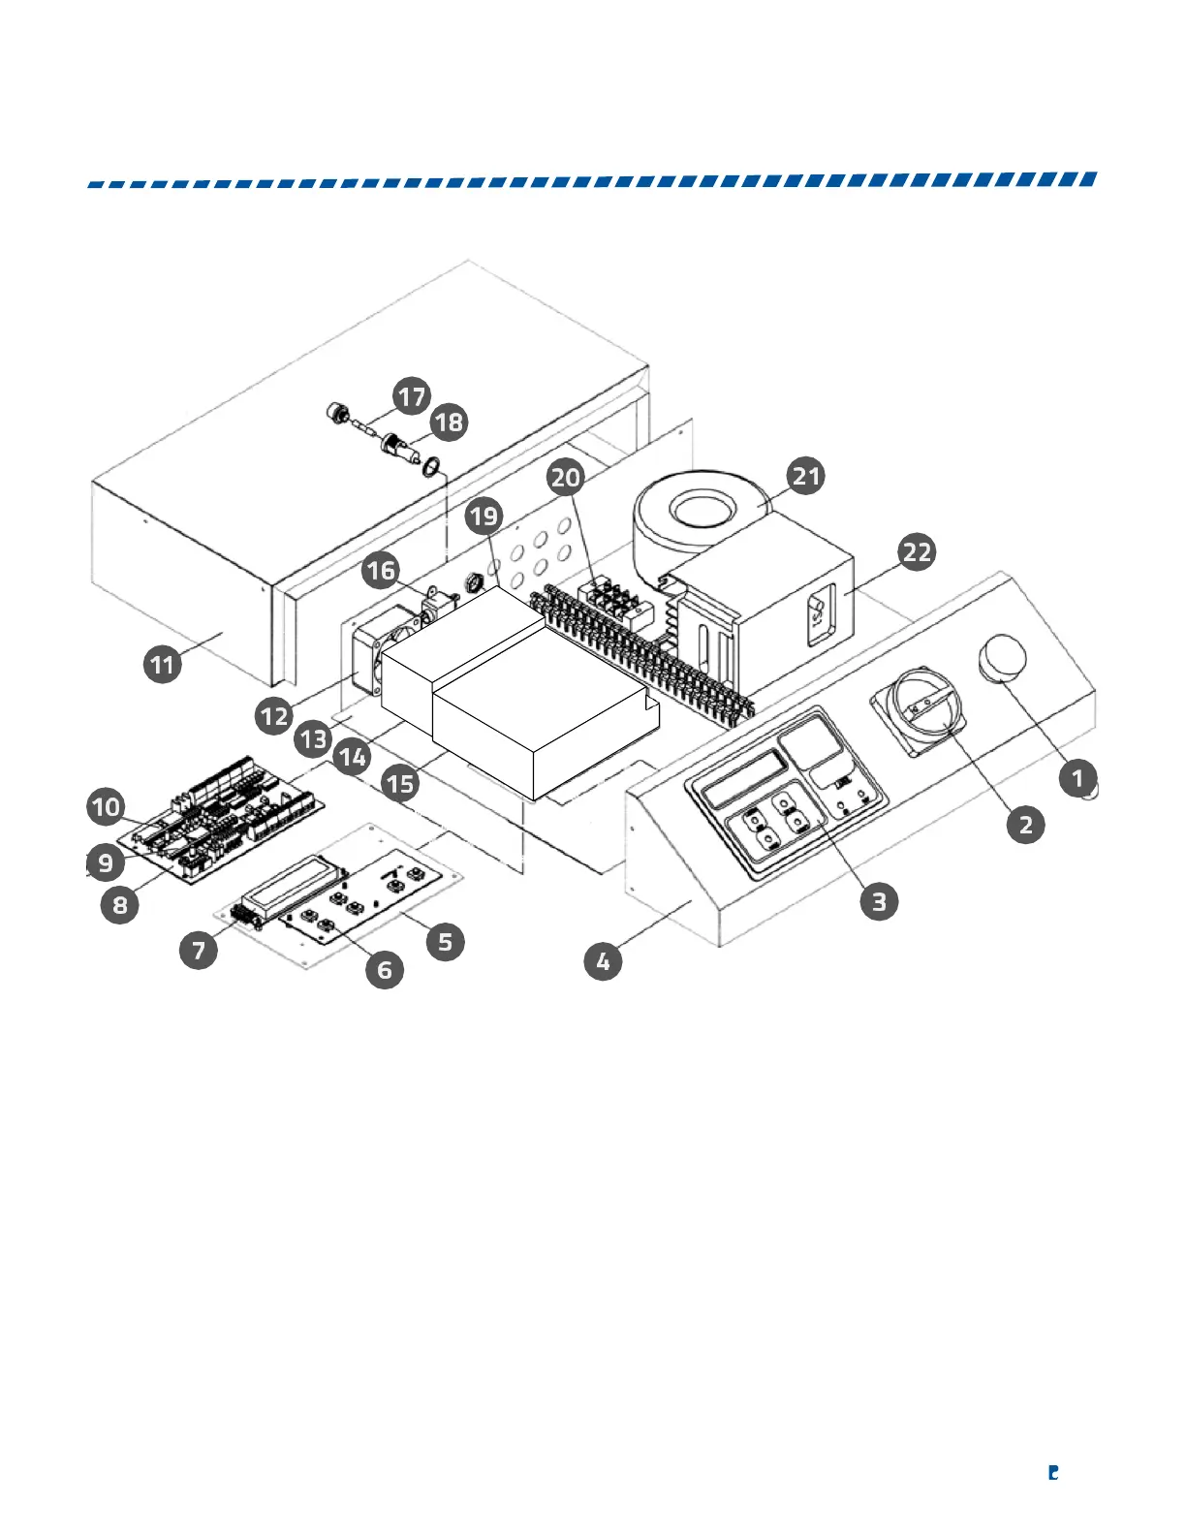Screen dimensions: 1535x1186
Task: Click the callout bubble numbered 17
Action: (412, 395)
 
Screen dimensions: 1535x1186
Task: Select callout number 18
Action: (449, 422)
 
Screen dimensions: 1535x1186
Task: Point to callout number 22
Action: (917, 552)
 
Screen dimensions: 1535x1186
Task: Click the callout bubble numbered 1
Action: (1077, 777)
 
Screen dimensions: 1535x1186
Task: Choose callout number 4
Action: (603, 961)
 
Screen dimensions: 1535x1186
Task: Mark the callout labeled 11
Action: (163, 664)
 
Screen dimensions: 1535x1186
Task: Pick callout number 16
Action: (381, 570)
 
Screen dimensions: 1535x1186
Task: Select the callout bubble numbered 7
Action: (199, 949)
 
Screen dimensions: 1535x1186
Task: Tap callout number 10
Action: (107, 806)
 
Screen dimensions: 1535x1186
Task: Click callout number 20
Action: (566, 477)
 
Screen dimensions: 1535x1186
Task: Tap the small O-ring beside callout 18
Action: (432, 468)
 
